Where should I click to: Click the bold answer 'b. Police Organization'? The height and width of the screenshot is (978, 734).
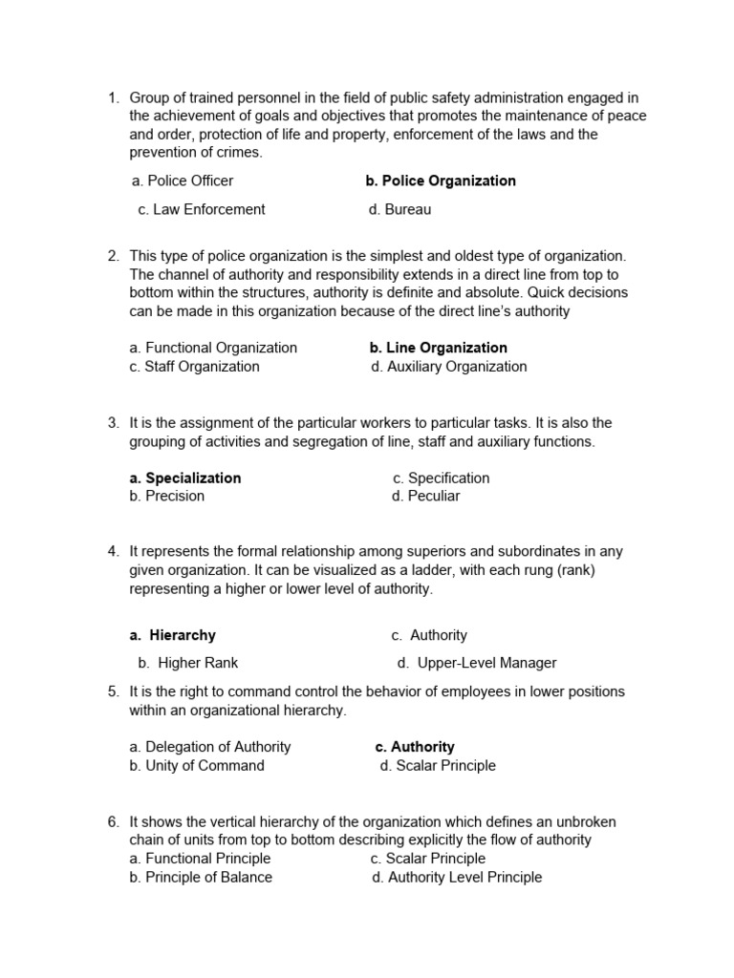pyautogui.click(x=441, y=181)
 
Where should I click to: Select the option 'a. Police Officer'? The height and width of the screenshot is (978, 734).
pyautogui.click(x=183, y=181)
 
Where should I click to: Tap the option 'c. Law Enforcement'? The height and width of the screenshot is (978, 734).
pyautogui.click(x=202, y=209)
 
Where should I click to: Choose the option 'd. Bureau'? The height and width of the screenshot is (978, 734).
pyautogui.click(x=399, y=209)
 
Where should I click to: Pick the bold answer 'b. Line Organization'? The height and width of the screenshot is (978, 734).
pyautogui.click(x=438, y=348)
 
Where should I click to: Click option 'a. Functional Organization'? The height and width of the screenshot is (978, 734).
pyautogui.click(x=213, y=348)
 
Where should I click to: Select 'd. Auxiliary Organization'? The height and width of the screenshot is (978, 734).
pyautogui.click(x=448, y=367)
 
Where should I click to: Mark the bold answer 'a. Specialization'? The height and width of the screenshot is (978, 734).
pyautogui.click(x=185, y=478)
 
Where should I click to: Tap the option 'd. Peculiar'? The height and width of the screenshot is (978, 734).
pyautogui.click(x=425, y=497)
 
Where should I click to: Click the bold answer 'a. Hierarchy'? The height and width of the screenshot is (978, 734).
pyautogui.click(x=173, y=635)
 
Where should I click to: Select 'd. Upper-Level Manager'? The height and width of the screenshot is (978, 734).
pyautogui.click(x=476, y=663)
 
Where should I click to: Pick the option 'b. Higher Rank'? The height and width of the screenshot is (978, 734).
pyautogui.click(x=188, y=663)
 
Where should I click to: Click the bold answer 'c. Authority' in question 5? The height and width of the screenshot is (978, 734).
pyautogui.click(x=415, y=747)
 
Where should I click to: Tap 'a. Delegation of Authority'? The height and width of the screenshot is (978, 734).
pyautogui.click(x=210, y=747)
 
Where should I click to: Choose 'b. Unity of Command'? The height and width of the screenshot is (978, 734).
pyautogui.click(x=197, y=765)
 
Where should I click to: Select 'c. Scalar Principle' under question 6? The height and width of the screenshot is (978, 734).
pyautogui.click(x=427, y=859)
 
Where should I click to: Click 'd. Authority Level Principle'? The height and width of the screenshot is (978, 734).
pyautogui.click(x=457, y=877)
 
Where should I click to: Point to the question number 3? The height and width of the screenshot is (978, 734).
pyautogui.click(x=113, y=423)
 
